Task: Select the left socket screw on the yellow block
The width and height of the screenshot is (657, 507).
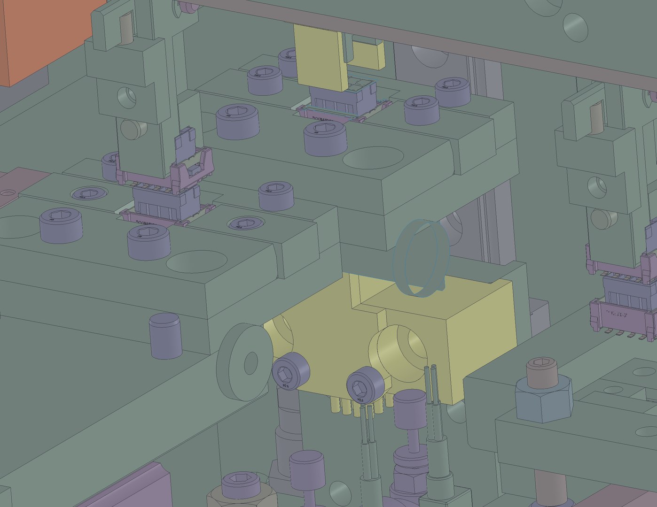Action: click(291, 372)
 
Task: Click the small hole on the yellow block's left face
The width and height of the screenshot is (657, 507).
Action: click(282, 334)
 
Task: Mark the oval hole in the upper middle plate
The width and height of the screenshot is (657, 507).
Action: click(374, 158)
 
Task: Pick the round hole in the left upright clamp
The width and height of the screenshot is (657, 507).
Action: click(126, 97)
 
